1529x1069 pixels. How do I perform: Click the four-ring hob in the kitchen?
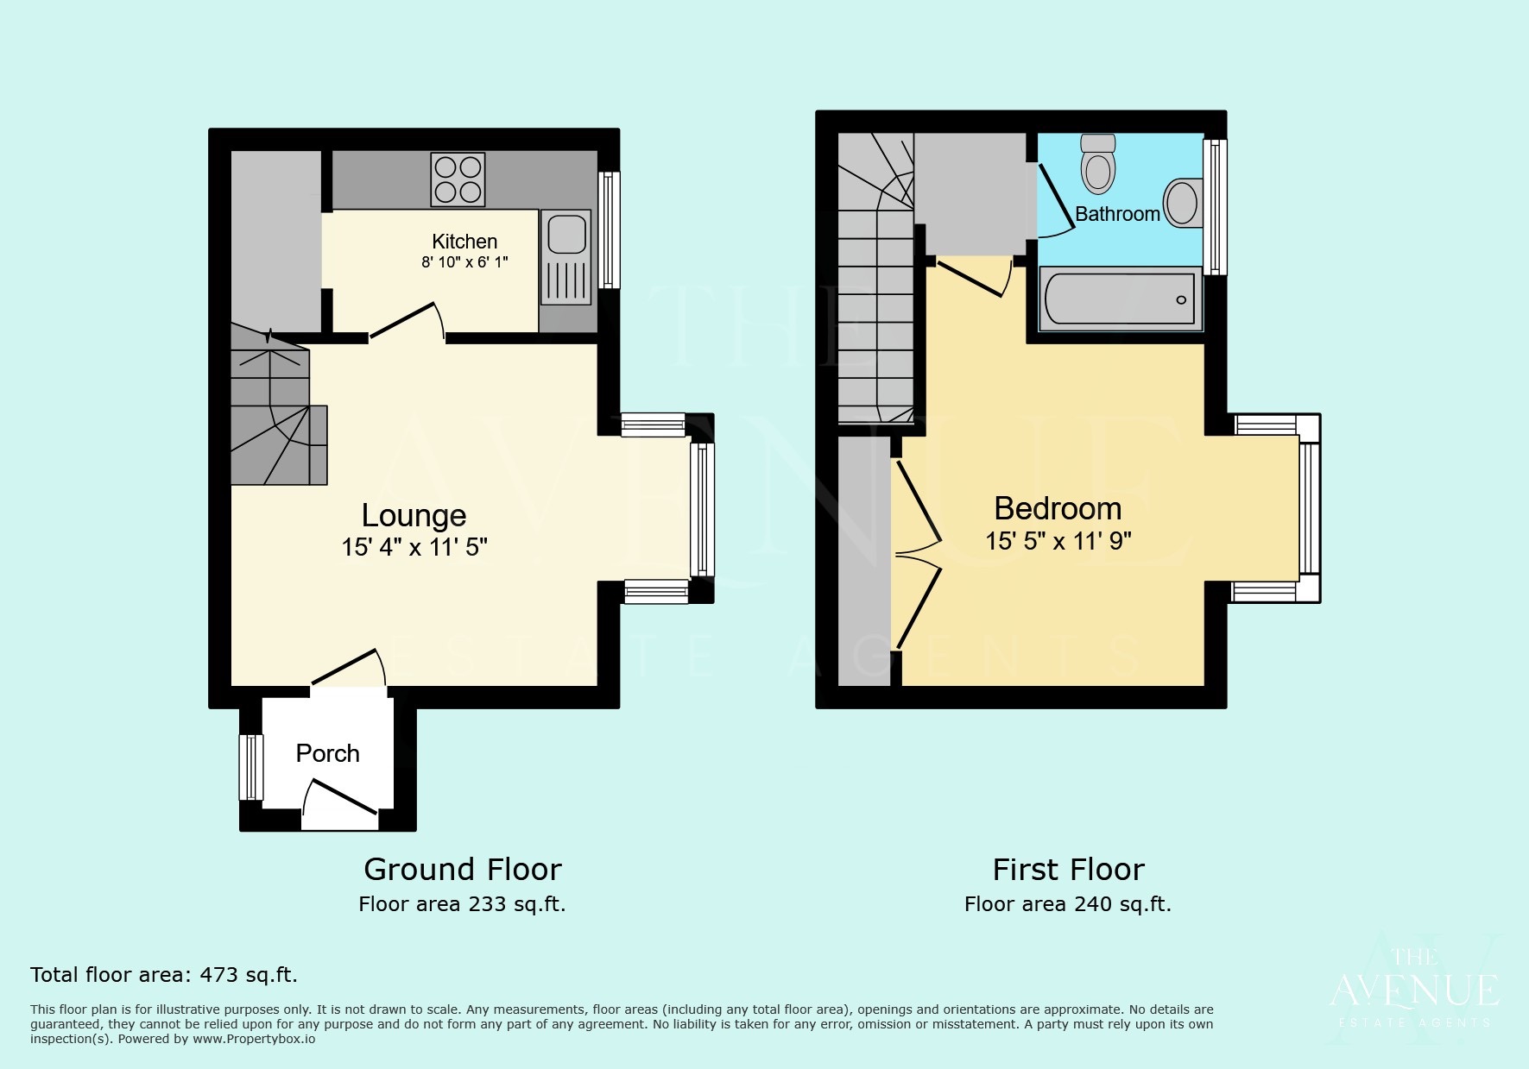point(458,179)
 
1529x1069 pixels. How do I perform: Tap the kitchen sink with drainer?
point(566,258)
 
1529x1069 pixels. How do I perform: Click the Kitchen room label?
point(464,242)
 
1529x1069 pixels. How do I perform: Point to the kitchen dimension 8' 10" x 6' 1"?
point(464,262)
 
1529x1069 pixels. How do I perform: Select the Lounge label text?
point(414,515)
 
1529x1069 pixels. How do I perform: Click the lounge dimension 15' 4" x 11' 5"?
point(414,547)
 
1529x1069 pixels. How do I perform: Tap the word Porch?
point(327,753)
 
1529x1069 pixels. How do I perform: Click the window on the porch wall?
point(250,767)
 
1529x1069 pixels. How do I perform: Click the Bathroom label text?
point(1117,214)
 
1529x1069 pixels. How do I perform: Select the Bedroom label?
point(1058,508)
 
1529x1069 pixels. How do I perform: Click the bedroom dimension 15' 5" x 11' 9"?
point(1058,541)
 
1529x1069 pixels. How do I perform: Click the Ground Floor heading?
point(462,869)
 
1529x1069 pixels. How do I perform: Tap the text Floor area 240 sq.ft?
point(1067,904)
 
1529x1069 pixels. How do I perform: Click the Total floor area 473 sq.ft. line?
point(164,975)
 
